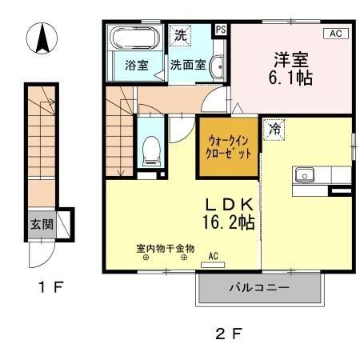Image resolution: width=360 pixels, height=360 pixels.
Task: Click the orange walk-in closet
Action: pos(229,146)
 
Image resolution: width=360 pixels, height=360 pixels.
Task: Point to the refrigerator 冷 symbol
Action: pos(275,128)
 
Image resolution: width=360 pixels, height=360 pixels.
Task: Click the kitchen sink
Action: pos(305,175)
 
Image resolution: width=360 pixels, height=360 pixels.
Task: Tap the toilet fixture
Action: pos(151,150)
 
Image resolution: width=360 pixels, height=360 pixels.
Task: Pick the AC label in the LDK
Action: pos(213,257)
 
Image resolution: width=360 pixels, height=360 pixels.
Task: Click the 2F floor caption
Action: pos(228,334)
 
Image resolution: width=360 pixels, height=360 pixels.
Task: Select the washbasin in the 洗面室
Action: pos(217,68)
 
